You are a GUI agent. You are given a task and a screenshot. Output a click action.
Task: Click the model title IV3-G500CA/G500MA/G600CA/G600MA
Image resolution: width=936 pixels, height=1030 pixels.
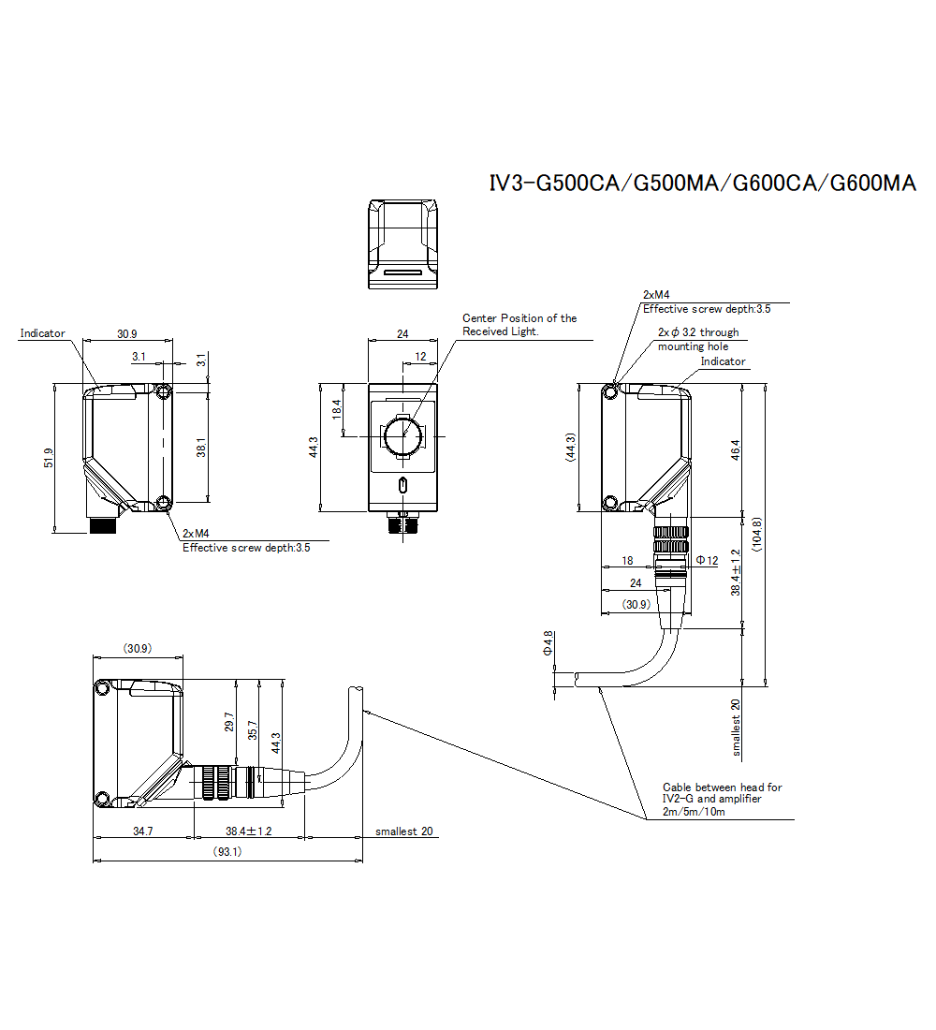[702, 183]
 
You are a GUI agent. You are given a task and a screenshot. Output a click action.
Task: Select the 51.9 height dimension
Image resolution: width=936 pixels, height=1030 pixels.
[49, 458]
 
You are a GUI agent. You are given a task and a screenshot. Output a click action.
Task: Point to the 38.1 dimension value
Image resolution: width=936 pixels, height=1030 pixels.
[201, 448]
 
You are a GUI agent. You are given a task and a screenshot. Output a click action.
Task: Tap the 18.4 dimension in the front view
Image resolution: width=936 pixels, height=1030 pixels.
[336, 408]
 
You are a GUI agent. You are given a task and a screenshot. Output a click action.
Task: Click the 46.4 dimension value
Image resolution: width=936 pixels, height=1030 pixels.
[735, 450]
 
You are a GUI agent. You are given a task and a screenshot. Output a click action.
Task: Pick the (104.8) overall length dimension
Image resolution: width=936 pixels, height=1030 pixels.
[756, 534]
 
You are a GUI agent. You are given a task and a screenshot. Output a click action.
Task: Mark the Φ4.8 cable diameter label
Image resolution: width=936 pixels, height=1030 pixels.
[548, 643]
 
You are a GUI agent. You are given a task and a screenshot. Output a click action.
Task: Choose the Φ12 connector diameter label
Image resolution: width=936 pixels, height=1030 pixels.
[707, 560]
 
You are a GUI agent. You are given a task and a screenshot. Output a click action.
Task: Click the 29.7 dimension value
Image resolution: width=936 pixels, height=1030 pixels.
[228, 722]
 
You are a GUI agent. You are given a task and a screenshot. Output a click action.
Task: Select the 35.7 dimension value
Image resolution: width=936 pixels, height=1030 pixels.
[252, 729]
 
